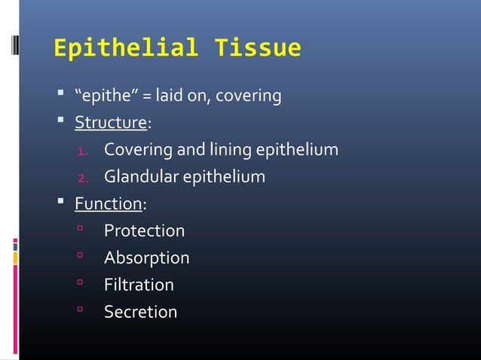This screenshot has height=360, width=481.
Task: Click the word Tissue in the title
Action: coord(258,48)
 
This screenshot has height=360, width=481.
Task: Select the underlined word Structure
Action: coord(109,123)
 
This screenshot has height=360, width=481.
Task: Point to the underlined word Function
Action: coord(108,204)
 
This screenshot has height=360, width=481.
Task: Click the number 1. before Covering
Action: coord(84,151)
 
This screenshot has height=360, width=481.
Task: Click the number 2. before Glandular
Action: coord(84,178)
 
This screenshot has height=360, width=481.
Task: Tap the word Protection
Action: coord(144,230)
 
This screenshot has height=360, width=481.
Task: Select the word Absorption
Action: coord(146,258)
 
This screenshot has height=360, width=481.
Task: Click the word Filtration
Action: coord(139,285)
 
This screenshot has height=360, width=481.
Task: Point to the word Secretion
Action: coord(140,312)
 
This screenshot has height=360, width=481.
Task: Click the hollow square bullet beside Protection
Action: coord(78,230)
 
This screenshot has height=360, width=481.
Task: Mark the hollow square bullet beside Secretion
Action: coord(78,312)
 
